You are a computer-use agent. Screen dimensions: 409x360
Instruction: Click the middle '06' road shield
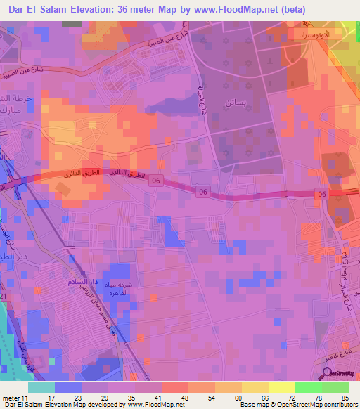coord(202,192)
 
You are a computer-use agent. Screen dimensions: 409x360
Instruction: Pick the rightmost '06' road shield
coord(321,194)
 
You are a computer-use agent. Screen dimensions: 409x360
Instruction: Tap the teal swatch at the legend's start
coord(41,387)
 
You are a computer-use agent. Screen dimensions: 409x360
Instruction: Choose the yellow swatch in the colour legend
coord(281,387)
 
